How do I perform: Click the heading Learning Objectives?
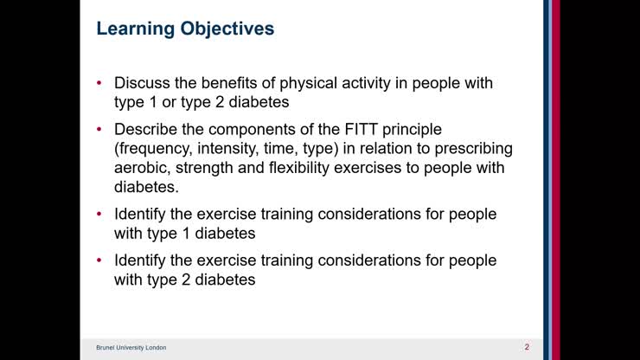click(x=185, y=29)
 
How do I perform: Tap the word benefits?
click(x=230, y=83)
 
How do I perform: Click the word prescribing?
click(x=470, y=148)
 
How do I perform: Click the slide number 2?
click(x=527, y=347)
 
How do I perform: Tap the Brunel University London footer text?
click(x=131, y=348)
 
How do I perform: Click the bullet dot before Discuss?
click(x=99, y=84)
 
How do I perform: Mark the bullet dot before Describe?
click(x=99, y=130)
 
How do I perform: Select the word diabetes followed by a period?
click(x=146, y=186)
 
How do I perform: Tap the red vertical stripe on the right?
click(x=555, y=173)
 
